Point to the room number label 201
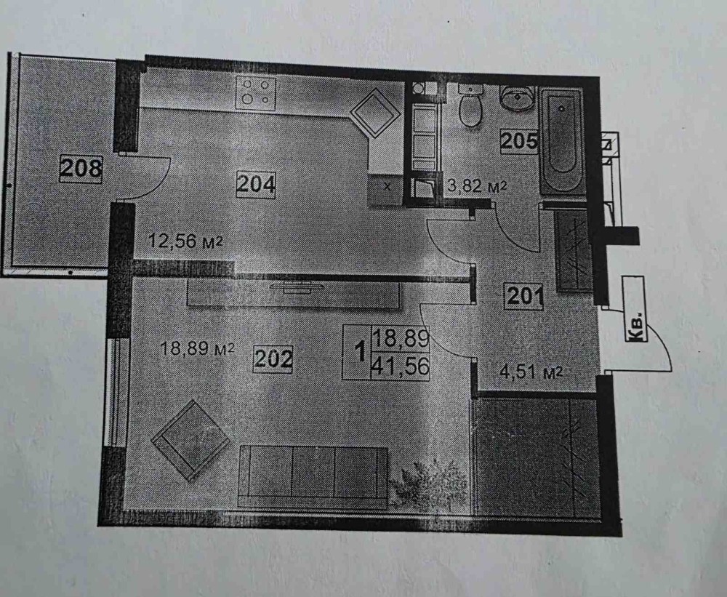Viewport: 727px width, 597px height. (524, 296)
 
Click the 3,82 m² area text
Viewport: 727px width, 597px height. (475, 187)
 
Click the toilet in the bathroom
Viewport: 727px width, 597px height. (472, 108)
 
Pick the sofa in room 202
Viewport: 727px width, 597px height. (313, 476)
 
